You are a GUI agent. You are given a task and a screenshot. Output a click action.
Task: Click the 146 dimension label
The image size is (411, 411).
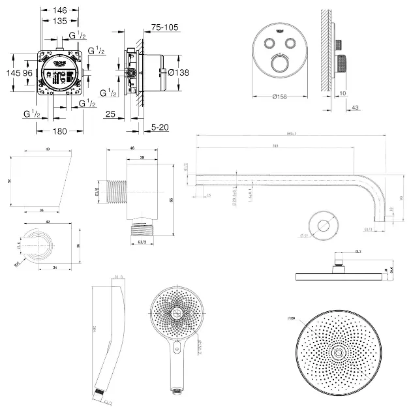tap(60, 10)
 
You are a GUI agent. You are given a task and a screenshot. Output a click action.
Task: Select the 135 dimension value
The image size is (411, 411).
tap(60, 20)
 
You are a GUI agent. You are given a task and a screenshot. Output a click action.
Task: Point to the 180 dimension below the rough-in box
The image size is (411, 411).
tap(60, 130)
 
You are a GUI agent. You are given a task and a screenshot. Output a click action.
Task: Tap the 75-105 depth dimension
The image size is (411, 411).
tap(164, 27)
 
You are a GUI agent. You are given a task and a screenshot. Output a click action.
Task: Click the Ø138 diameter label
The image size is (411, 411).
tap(178, 72)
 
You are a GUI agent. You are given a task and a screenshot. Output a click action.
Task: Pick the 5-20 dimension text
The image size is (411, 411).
tap(159, 127)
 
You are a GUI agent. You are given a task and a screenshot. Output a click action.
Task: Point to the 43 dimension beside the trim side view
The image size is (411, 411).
tap(355, 108)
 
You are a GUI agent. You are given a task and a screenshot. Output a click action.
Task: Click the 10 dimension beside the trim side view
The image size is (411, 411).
tap(342, 93)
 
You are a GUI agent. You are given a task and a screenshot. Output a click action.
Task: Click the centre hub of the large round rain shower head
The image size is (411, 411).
tap(339, 352)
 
